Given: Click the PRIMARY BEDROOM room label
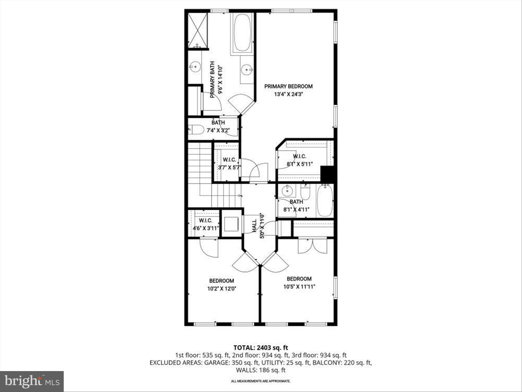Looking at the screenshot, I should [288, 87].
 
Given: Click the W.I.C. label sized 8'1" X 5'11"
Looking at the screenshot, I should [299, 156].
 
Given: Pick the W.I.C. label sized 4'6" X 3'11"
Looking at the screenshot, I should [205, 220].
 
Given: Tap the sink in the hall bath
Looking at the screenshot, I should [288, 190].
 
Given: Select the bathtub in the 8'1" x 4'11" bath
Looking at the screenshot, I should [325, 200].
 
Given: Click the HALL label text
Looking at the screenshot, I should [254, 226].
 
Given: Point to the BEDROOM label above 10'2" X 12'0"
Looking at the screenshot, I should [221, 281].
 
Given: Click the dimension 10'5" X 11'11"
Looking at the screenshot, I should [299, 287].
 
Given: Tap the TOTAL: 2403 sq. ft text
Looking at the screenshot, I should [261, 348].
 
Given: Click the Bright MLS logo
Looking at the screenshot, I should [32, 381].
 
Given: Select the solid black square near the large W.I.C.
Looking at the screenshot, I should [327, 174].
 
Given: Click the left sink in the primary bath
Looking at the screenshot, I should [194, 68].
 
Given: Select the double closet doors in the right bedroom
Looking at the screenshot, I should [312, 246].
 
